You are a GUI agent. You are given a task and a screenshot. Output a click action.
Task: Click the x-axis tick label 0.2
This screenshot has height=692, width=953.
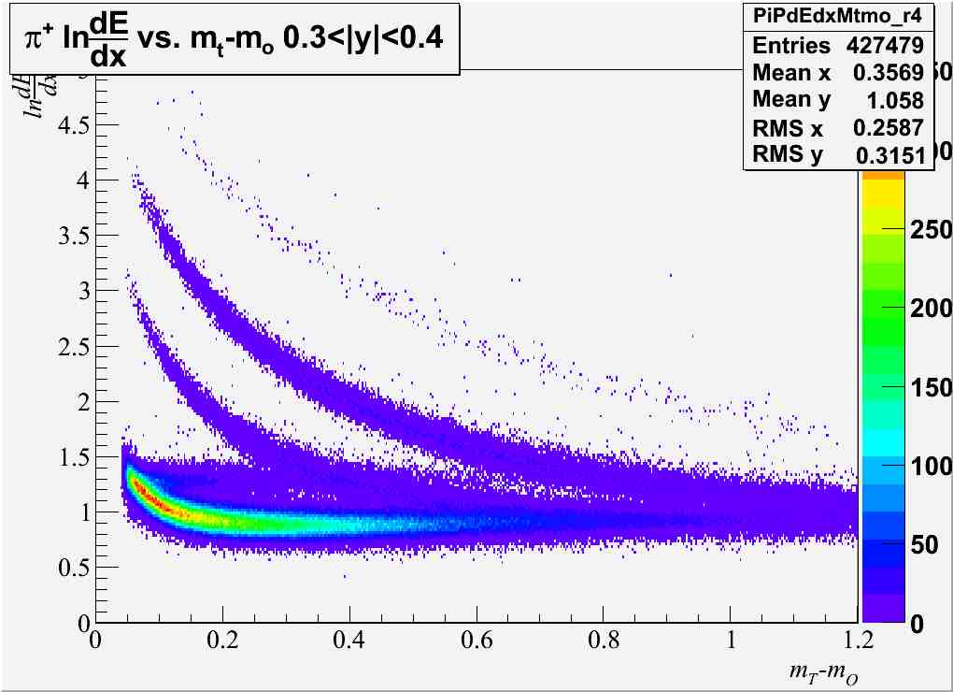tap(221, 643)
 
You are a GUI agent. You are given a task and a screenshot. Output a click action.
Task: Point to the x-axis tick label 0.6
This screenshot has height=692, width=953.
tap(476, 643)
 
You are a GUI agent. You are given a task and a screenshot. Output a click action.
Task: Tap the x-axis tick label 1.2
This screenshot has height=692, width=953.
tap(856, 643)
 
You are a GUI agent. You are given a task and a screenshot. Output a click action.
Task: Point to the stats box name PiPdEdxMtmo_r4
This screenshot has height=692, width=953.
tap(838, 16)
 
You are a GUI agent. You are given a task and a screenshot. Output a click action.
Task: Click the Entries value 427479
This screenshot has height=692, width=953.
tap(885, 46)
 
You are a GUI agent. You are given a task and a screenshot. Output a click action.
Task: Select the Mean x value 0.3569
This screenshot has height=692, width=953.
tap(888, 73)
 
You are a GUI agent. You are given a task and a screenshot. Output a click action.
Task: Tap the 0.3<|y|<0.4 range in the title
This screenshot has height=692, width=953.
tap(365, 37)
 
